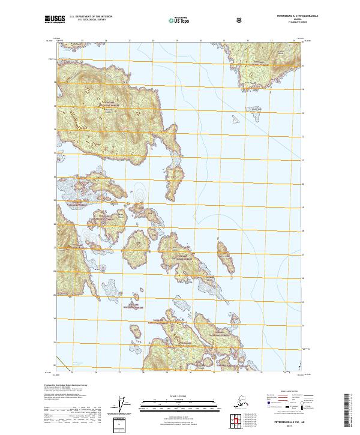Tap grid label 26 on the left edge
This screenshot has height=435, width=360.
[x=55, y=271]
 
